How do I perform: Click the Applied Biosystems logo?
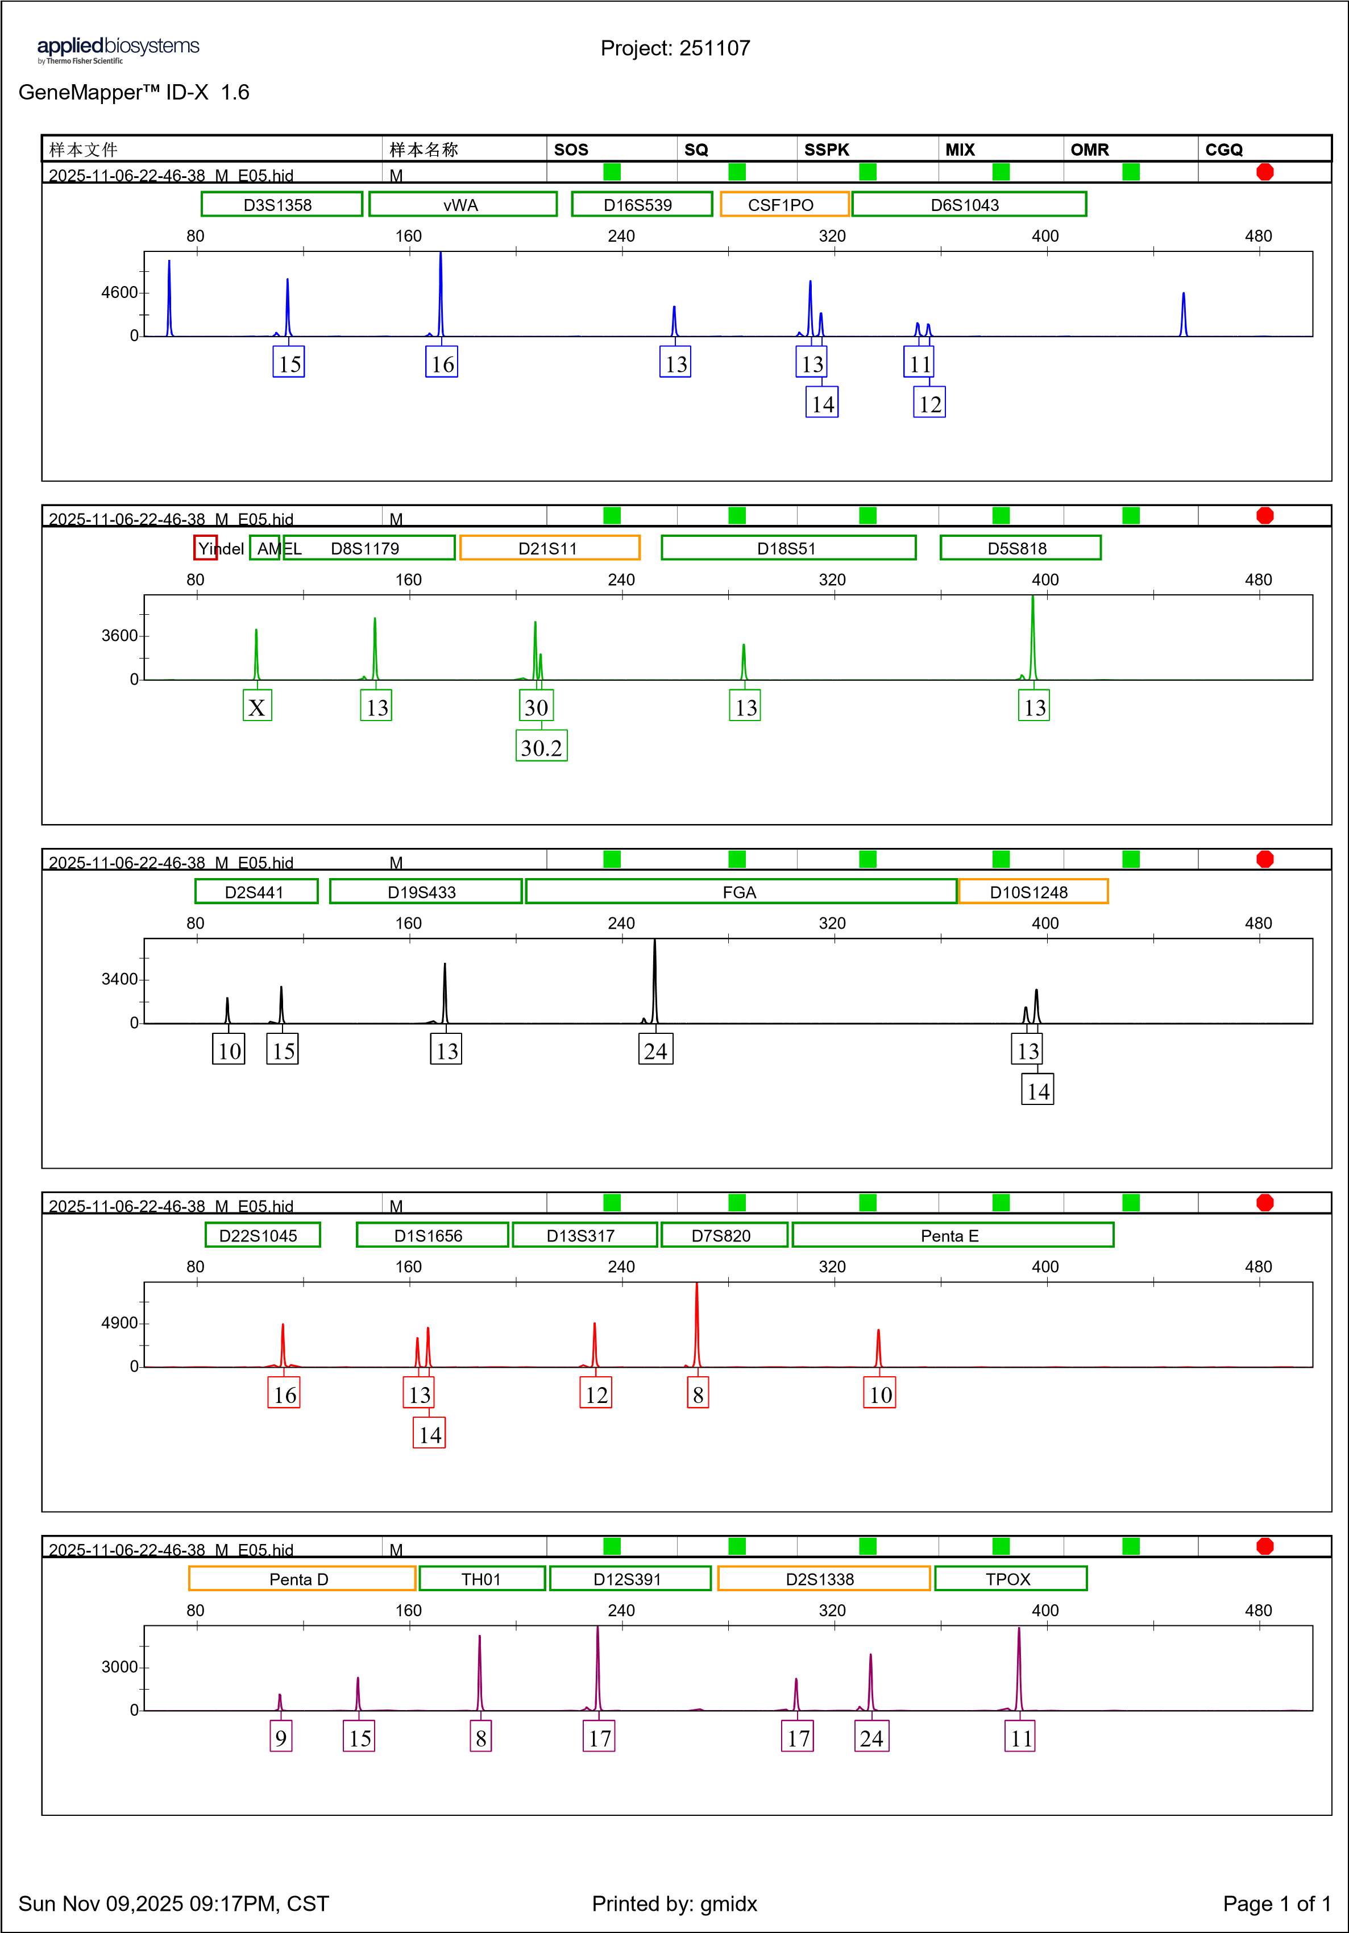coord(118,51)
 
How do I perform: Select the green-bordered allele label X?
coord(257,706)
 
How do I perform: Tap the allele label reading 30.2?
coord(541,746)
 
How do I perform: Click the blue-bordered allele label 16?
coord(442,362)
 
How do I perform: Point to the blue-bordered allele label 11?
coord(919,362)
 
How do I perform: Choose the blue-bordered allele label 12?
coord(929,403)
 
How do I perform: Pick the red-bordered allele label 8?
coord(698,1393)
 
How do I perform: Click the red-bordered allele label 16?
coord(284,1393)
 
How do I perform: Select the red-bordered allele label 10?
coord(879,1393)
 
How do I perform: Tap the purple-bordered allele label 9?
coord(281,1736)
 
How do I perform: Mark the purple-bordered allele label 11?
coord(1020,1736)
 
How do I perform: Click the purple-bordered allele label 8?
coord(480,1736)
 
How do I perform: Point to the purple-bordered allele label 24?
coord(872,1736)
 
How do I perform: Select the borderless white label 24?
coord(655,1049)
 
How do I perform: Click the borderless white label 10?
coord(229,1049)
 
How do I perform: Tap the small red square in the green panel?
coord(205,547)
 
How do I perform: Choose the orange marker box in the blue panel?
coord(785,204)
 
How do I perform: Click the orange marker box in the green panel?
coord(550,547)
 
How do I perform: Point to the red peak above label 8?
coord(697,1322)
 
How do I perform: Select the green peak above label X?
coord(257,652)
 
